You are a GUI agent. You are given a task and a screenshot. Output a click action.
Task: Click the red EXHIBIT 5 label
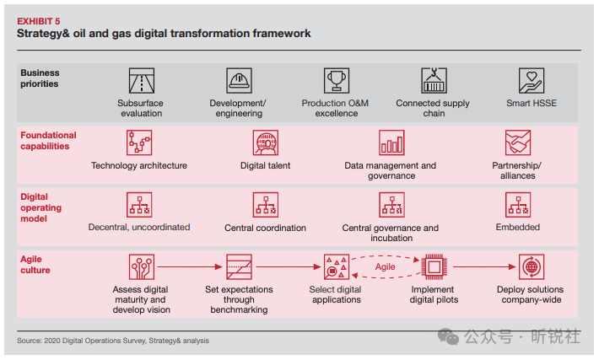click(39, 21)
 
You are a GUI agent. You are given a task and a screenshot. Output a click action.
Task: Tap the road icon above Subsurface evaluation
click(142, 81)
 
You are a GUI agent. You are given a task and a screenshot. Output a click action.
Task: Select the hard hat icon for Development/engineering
click(239, 81)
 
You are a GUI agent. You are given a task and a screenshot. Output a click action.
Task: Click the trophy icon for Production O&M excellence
click(337, 81)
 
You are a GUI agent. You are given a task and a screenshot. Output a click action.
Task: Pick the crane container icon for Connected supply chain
click(434, 81)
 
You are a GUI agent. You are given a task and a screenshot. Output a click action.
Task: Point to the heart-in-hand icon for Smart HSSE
click(532, 81)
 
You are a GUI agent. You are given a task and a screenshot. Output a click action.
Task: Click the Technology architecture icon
click(139, 142)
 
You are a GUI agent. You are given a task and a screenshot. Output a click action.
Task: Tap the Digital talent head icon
click(266, 142)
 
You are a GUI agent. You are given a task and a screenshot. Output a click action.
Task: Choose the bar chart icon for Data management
click(391, 142)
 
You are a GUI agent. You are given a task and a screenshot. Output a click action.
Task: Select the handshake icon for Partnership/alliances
click(518, 142)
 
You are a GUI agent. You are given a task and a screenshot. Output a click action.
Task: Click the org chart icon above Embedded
click(518, 205)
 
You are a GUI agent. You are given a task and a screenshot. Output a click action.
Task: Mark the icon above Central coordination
click(266, 205)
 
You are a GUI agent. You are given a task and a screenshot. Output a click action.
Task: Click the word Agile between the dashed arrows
click(385, 267)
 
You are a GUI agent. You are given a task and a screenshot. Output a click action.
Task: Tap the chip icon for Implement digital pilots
click(434, 267)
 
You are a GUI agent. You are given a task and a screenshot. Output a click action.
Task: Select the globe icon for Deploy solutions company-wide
click(532, 267)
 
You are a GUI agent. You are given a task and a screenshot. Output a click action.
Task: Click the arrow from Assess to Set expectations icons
click(190, 267)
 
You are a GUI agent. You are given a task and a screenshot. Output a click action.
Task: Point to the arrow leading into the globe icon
click(484, 267)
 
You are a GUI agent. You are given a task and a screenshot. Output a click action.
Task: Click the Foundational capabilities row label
click(48, 141)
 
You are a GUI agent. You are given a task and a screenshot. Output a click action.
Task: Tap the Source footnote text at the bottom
click(113, 341)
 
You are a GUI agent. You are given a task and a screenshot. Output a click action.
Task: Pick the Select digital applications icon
click(337, 267)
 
